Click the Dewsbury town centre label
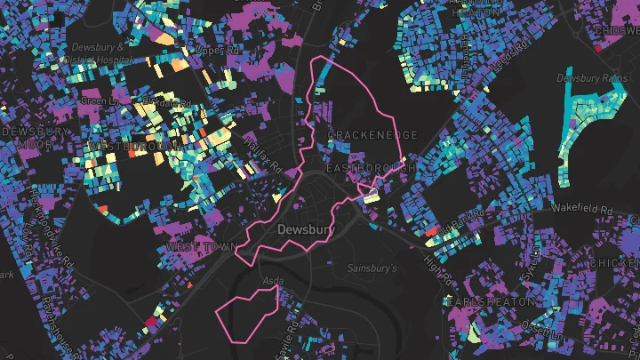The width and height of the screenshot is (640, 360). coord(304,229)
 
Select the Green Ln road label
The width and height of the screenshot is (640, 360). coord(92,100)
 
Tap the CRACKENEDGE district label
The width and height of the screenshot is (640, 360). coord(372,135)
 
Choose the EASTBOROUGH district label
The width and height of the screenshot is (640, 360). coord(371,168)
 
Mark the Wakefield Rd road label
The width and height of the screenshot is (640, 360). coord(582,209)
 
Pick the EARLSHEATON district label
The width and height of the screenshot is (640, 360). coord(491,302)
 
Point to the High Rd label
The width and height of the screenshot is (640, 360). coord(437,264)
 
